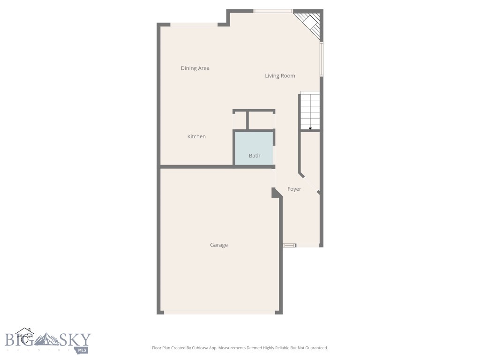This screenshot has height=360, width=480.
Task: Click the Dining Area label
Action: (195, 68)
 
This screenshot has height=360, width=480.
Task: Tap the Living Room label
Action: (280, 76)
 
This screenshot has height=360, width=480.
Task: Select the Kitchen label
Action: (196, 137)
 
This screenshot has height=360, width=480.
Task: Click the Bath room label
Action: (255, 156)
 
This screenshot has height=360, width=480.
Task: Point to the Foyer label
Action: (294, 189)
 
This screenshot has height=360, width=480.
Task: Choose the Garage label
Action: (219, 245)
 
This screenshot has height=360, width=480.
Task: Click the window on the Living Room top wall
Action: (273, 11)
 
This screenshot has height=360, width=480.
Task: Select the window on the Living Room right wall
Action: (322, 60)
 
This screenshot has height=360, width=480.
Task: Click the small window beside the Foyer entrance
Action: (290, 245)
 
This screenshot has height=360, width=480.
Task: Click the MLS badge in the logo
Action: (83, 349)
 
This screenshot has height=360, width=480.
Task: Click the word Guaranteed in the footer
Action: (315, 348)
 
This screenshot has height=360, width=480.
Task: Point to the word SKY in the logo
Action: (75, 339)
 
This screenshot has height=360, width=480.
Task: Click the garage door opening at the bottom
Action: (219, 312)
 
